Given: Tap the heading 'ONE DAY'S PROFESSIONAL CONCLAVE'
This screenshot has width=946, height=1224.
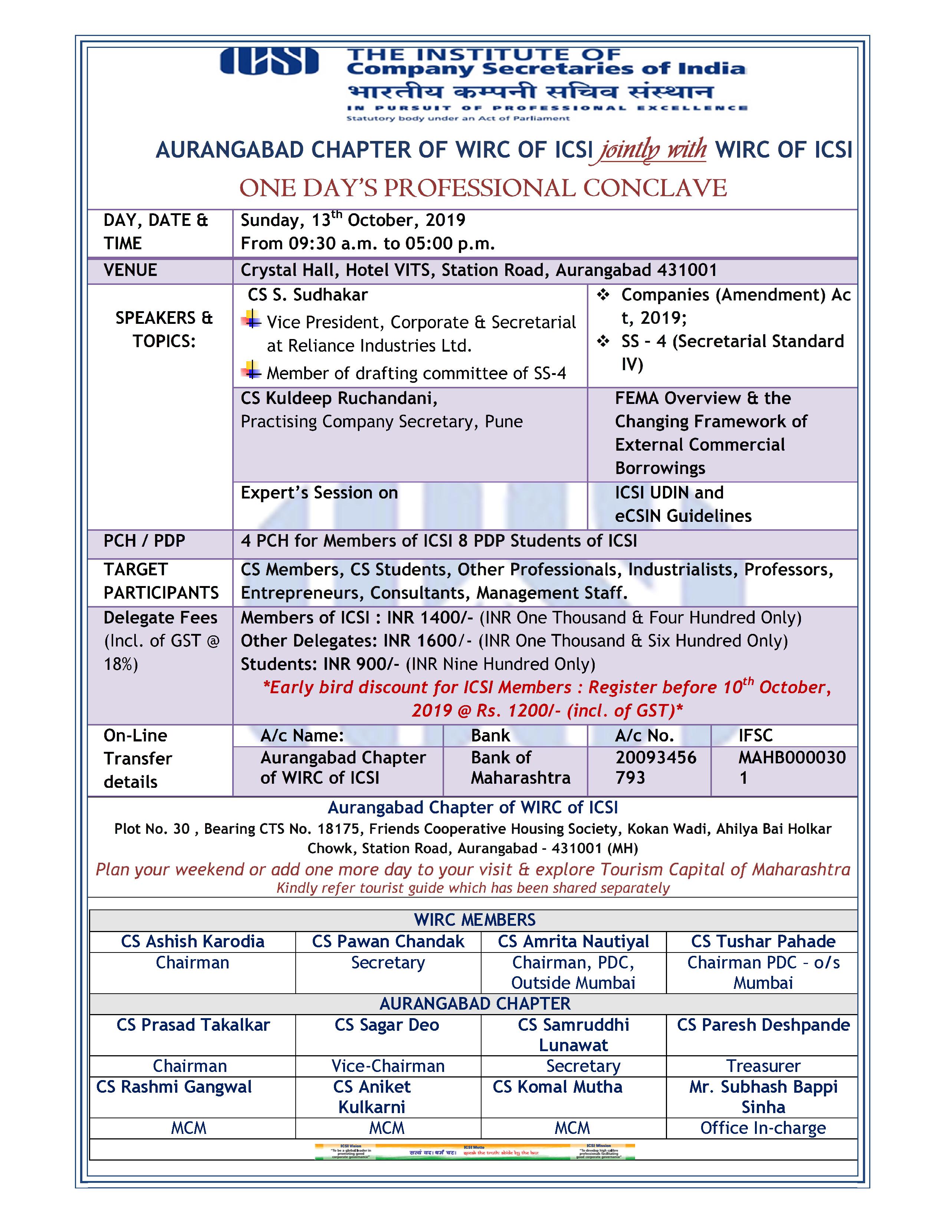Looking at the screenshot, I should click(x=483, y=188).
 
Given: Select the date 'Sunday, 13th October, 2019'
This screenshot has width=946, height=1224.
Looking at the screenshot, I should click(x=353, y=220).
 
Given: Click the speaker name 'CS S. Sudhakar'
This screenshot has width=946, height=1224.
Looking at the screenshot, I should click(x=308, y=295).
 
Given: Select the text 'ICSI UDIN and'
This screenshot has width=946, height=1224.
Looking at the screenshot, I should click(x=669, y=493).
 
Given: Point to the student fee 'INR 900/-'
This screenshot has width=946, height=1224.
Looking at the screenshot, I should click(x=361, y=664).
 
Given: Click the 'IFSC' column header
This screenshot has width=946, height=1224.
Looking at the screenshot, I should click(x=755, y=735).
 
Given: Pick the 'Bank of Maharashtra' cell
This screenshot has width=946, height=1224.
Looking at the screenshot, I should click(x=520, y=767).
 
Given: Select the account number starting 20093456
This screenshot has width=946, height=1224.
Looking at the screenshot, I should click(x=656, y=767).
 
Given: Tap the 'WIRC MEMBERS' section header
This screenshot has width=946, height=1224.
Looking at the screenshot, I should click(x=475, y=920).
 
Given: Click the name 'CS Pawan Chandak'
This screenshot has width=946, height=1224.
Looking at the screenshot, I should click(x=388, y=941).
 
